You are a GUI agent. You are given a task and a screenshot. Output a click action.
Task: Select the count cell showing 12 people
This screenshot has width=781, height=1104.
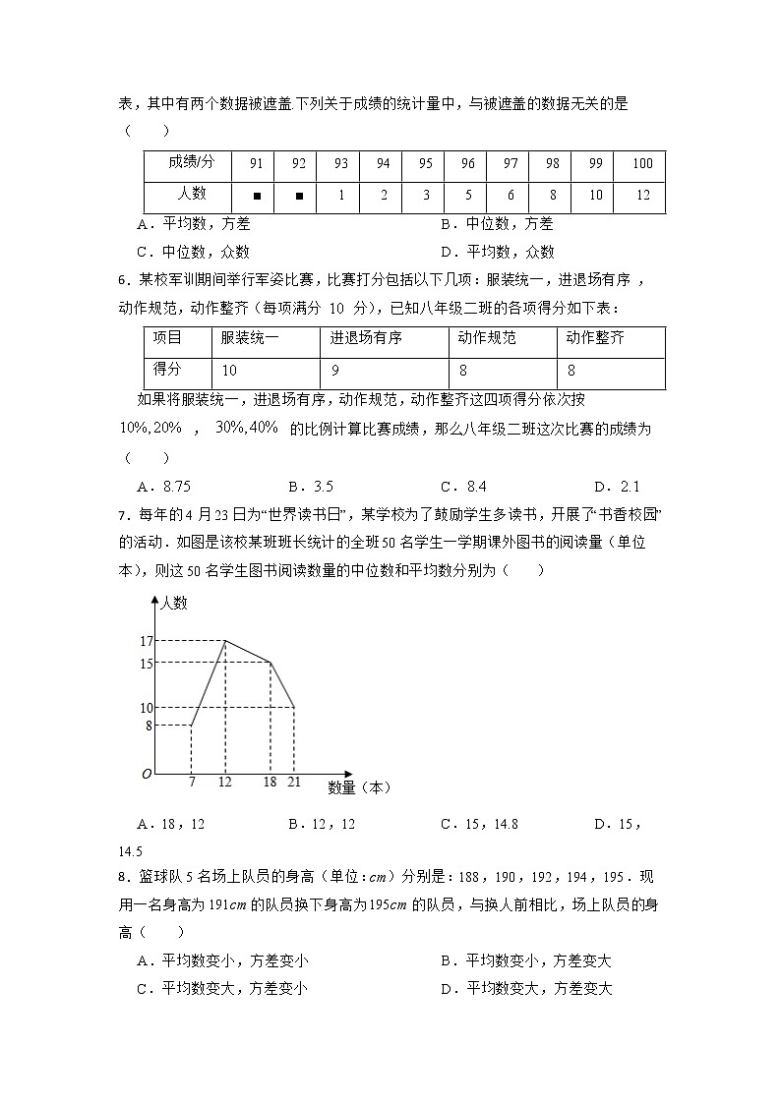642,196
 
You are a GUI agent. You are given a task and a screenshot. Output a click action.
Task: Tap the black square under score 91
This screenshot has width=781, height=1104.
256,196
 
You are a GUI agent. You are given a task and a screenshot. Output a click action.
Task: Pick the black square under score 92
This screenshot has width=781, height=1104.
299,196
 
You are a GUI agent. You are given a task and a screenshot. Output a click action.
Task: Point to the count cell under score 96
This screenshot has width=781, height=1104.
468,196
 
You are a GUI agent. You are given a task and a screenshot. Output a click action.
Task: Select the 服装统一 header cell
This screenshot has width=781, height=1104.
250,339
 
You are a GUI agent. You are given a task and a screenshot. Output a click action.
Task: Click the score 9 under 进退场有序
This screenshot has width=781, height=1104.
335,371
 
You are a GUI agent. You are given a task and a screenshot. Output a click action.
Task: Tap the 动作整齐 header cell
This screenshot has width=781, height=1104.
595,339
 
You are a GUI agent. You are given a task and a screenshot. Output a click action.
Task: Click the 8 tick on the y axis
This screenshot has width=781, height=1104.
149,726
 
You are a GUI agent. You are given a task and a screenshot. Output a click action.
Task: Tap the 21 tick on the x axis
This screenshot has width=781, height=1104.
294,782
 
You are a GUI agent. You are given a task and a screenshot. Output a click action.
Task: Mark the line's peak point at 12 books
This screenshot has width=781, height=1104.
225,641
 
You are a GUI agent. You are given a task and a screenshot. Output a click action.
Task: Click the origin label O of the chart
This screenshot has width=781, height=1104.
146,775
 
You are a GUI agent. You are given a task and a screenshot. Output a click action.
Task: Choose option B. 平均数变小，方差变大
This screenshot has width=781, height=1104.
525,961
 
